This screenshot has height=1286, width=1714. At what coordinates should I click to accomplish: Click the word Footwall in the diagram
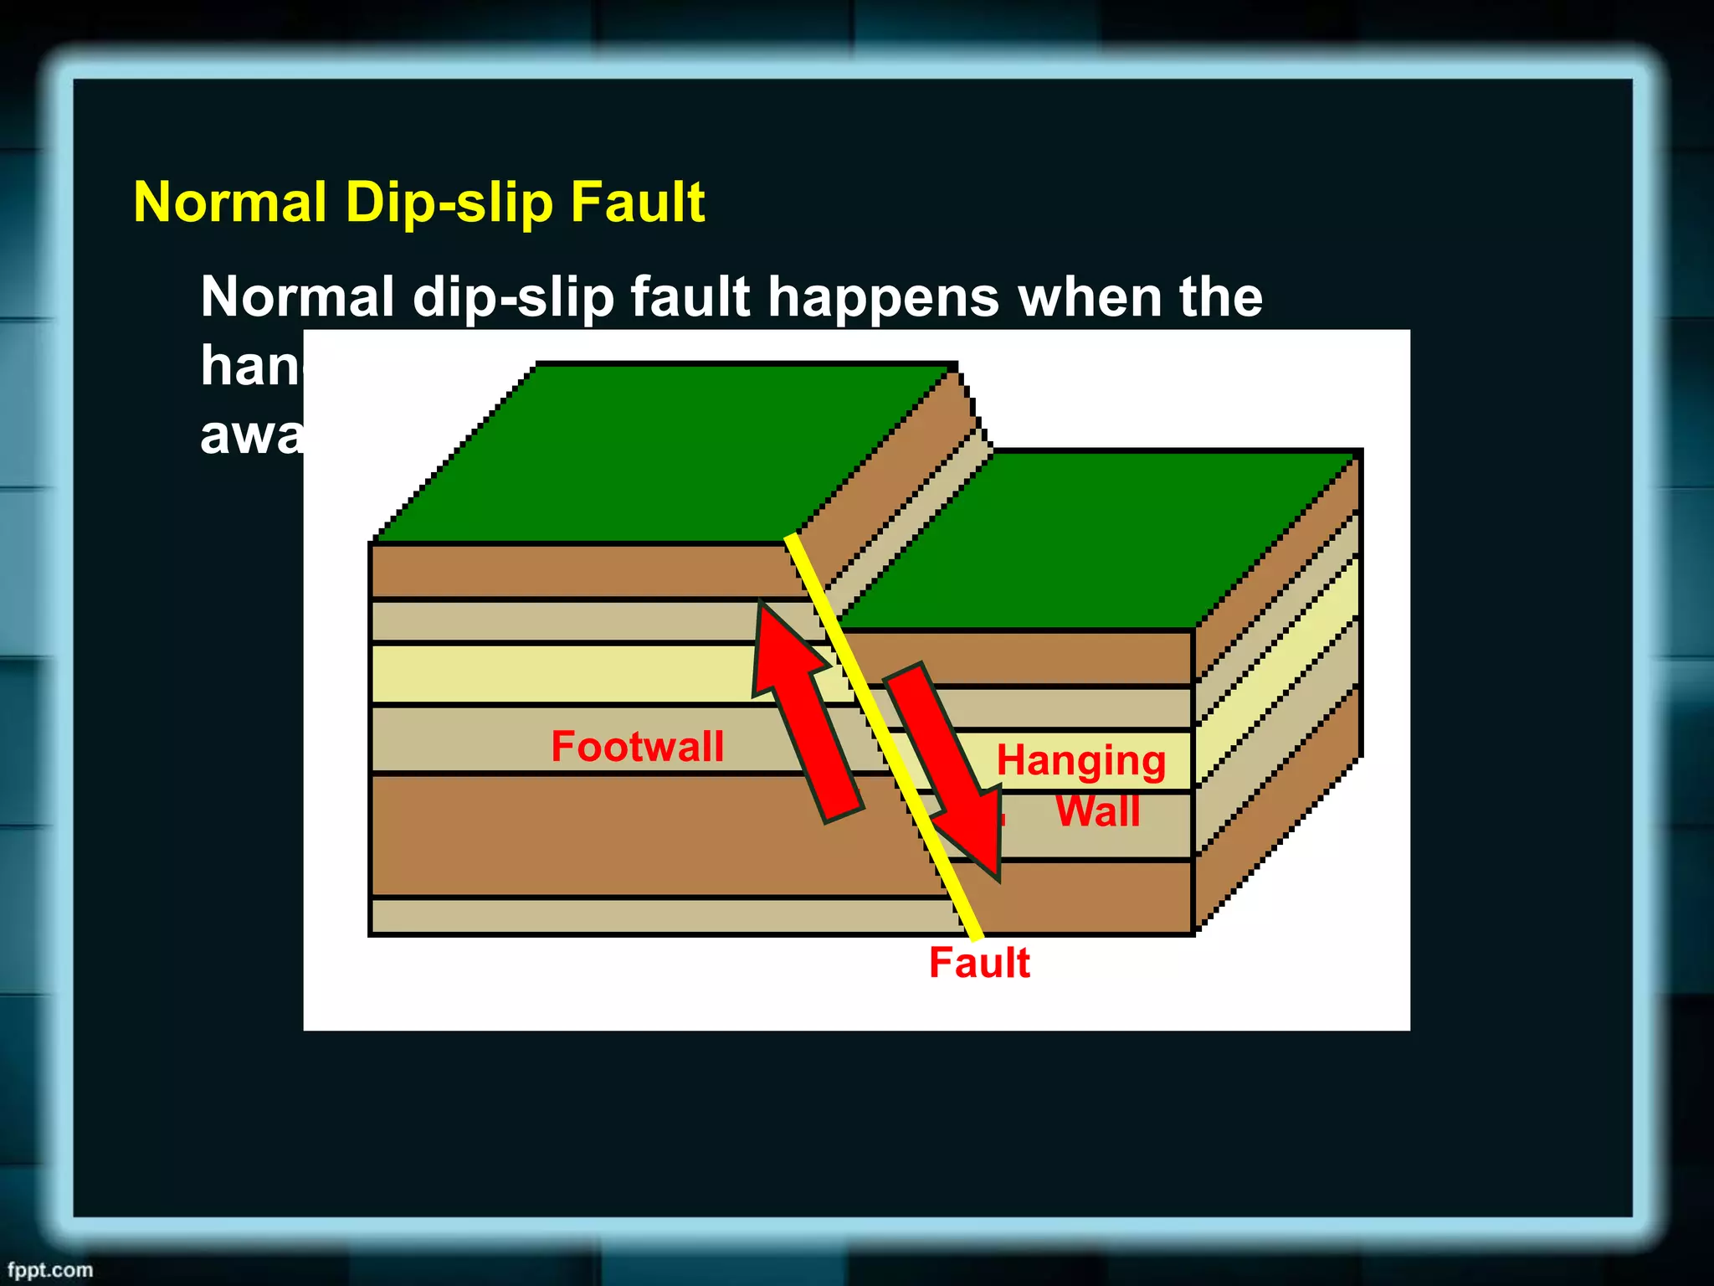pos(637,746)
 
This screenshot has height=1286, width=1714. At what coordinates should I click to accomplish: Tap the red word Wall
pos(1097,811)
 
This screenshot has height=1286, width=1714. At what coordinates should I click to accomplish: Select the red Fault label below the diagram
pos(979,962)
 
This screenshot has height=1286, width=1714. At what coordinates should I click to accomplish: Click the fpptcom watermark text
pos(50,1269)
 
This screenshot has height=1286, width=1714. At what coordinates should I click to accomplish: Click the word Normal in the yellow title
pos(230,203)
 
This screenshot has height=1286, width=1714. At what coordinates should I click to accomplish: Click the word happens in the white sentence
pos(883,297)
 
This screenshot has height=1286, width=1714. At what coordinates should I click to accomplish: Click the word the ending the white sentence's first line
pos(1221,297)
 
